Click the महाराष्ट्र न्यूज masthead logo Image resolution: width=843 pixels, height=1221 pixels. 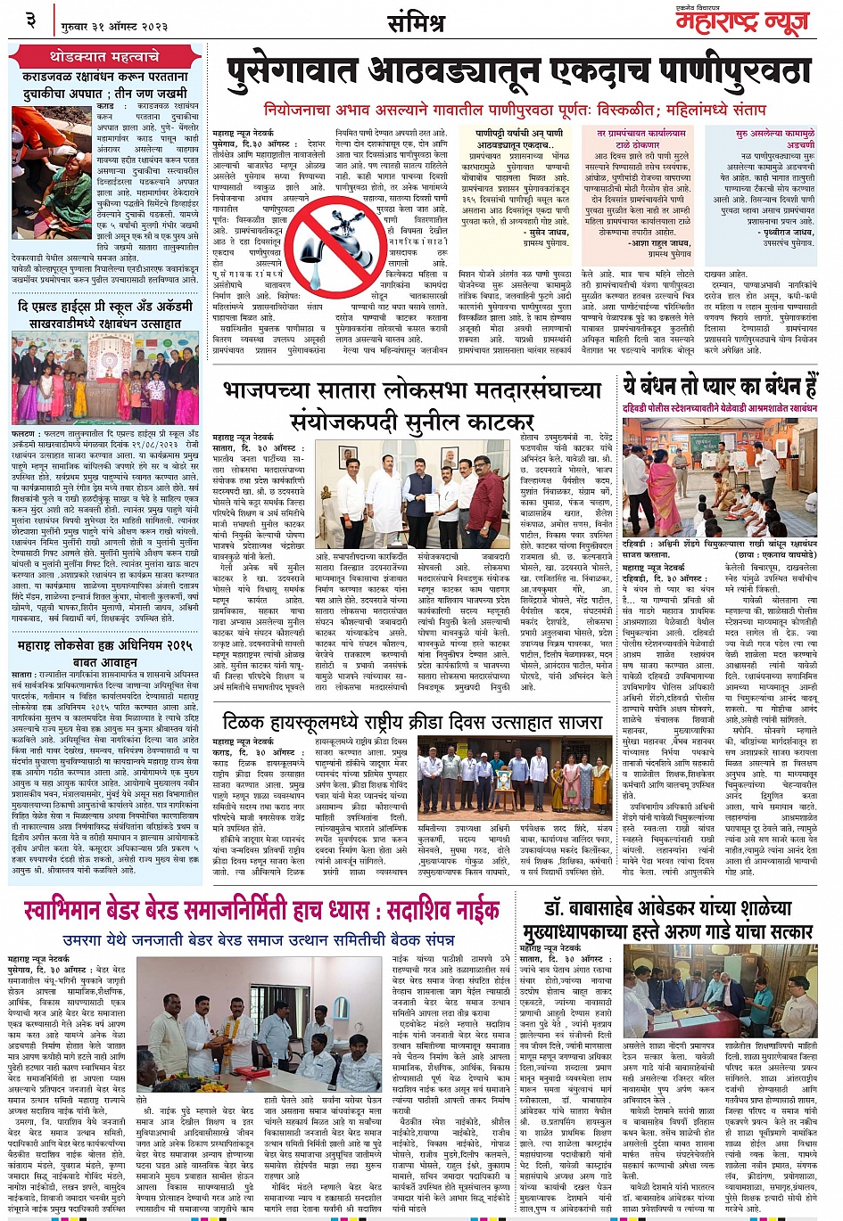(744, 21)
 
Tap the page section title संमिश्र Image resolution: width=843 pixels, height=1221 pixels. (417, 22)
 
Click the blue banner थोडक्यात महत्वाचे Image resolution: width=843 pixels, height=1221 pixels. (104, 56)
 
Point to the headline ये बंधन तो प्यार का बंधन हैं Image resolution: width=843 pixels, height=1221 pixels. (720, 387)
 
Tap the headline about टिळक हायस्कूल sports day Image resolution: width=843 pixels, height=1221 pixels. (411, 720)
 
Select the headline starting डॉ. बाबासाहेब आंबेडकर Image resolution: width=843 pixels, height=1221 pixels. (667, 908)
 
